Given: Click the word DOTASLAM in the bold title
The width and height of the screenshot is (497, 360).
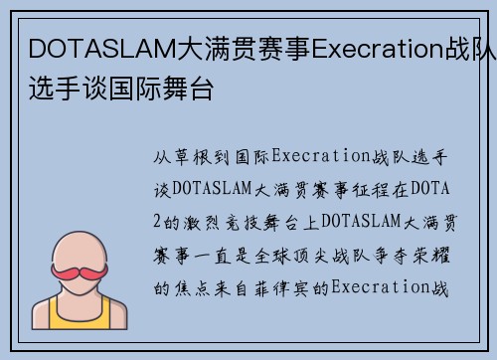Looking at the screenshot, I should pos(95,48).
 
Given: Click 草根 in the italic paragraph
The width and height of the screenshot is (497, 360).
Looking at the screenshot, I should pos(199,157).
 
